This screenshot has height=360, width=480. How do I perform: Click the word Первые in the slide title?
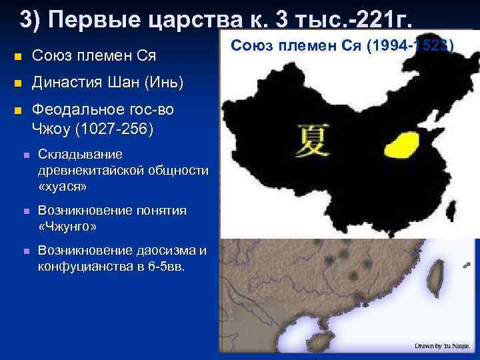pyautogui.click(x=91, y=20)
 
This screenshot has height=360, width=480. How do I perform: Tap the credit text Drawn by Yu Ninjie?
pyautogui.click(x=442, y=345)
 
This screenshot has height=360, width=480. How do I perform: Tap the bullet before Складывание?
pyautogui.click(x=24, y=155)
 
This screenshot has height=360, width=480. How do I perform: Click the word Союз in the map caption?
pyautogui.click(x=249, y=45)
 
